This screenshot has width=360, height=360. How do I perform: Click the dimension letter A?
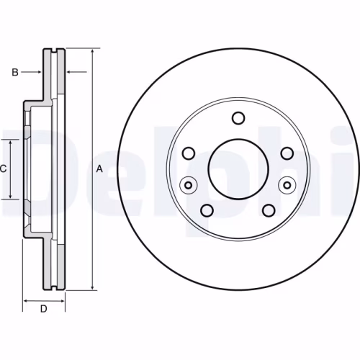tap(99, 169)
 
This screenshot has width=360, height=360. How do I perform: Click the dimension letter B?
tap(15, 72)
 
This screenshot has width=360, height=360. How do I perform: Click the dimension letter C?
tap(3, 169)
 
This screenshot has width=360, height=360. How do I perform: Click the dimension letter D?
tap(43, 309)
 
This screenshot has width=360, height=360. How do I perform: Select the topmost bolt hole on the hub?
tap(238, 118)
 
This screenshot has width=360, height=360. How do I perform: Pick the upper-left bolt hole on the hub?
tap(189, 153)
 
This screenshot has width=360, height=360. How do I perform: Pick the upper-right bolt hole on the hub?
tap(287, 153)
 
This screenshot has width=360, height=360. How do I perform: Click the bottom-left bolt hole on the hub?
tap(207, 210)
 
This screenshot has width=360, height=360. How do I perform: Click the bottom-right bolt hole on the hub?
tap(269, 210)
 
